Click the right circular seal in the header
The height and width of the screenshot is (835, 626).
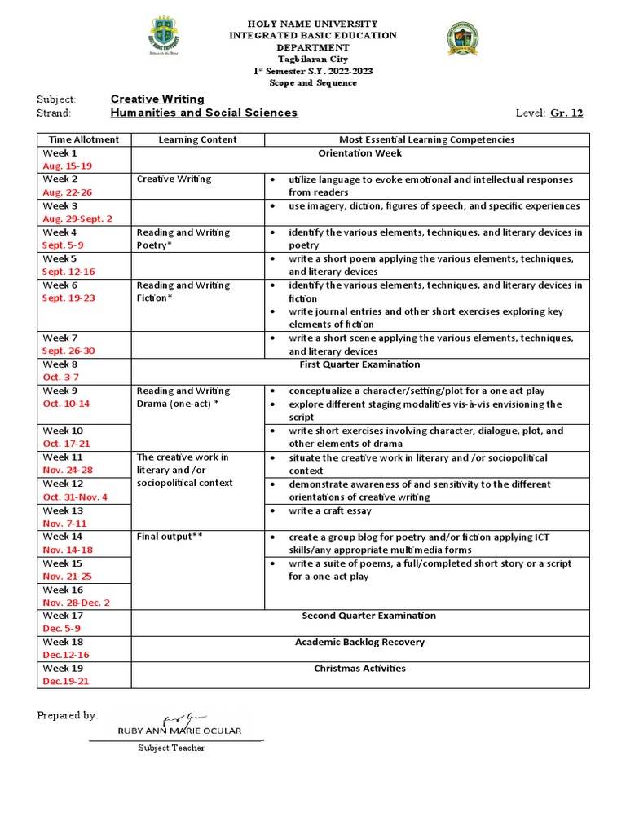coord(462,40)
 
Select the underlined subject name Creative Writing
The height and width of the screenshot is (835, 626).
coord(157,99)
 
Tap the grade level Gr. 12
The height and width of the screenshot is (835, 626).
coord(567,113)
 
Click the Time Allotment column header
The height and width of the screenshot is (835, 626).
coord(83,139)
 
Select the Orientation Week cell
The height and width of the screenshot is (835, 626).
coord(359,153)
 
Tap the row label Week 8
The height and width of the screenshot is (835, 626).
coord(60,364)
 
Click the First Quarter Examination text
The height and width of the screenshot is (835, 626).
coord(359,364)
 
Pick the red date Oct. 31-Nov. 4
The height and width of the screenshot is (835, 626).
coord(75,497)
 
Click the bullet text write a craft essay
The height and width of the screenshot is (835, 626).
coord(329,510)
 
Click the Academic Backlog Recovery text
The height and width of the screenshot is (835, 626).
coord(359,642)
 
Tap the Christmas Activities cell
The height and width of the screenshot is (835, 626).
coord(359,669)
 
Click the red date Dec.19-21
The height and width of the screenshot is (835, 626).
coord(65,681)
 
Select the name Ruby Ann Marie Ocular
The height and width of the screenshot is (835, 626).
coord(179,731)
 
